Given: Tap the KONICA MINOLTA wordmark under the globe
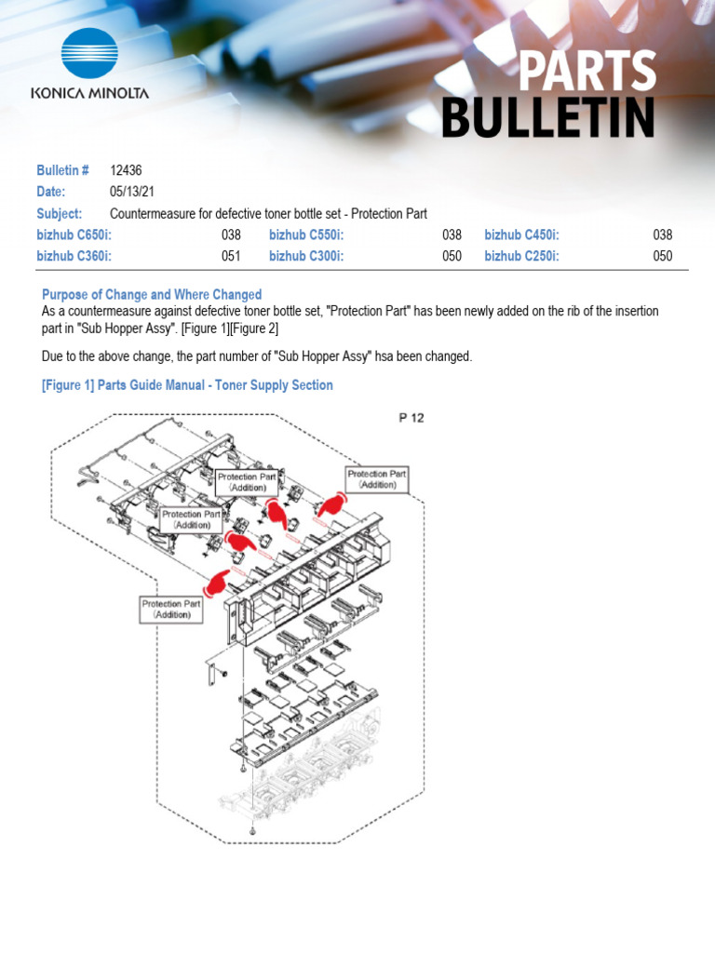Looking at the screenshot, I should (89, 94).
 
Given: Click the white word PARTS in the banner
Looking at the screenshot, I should (587, 73).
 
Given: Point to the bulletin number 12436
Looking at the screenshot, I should (126, 170).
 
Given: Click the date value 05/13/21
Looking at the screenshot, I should (130, 192).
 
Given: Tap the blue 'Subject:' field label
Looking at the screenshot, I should (60, 214).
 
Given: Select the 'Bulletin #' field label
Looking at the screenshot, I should (62, 170).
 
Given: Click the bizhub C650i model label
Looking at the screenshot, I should (74, 235).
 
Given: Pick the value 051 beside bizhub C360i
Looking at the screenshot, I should (231, 257).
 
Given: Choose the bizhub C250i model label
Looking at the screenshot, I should (521, 257).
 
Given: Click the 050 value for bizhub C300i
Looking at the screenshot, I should (452, 257).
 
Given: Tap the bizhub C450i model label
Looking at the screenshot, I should (521, 235).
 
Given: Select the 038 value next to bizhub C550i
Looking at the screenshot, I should (452, 235).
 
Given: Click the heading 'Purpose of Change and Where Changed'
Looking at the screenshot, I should (152, 294).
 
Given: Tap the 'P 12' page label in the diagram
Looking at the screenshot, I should (411, 418).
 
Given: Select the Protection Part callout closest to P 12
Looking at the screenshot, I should (376, 479).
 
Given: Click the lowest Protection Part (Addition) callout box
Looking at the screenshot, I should (171, 610).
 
